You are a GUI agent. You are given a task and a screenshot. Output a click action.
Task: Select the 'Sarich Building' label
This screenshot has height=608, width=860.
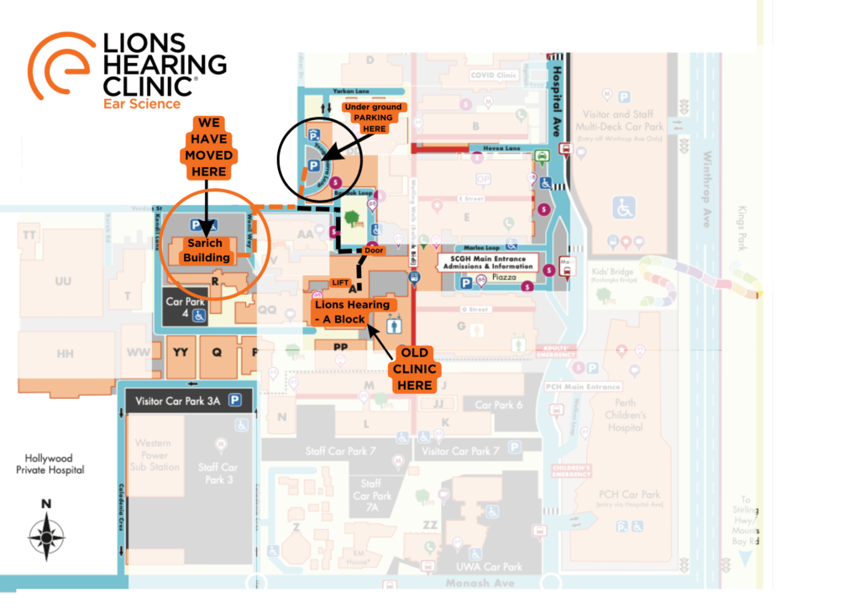point(206,250)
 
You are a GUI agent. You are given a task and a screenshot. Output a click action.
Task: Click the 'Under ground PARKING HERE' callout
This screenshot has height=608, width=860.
point(375,118)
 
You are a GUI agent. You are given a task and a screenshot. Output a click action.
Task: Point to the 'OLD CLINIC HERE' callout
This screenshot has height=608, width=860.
point(417,367)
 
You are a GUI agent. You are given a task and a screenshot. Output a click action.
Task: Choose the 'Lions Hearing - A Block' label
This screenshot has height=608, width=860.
point(350,311)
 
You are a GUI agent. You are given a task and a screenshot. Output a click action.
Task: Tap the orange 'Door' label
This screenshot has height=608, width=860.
point(375,250)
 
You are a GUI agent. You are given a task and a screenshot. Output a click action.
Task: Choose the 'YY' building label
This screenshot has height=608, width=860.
point(180,353)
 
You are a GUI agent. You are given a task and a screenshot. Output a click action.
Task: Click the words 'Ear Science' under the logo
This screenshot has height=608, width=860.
point(142,104)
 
